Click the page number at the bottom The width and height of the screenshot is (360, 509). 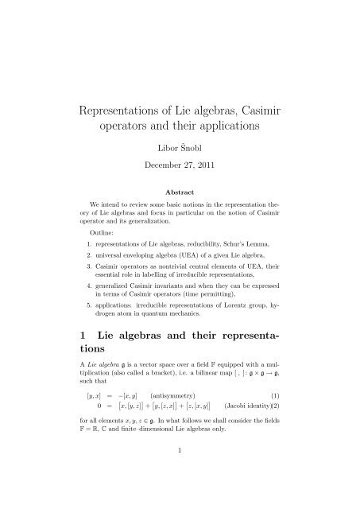(180, 501)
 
